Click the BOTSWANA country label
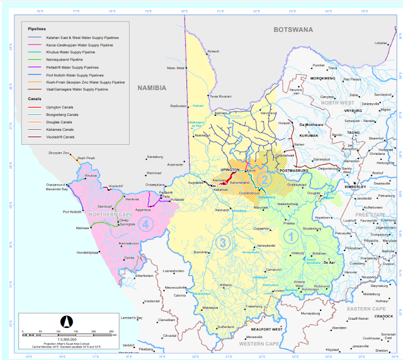pyautogui.click(x=293, y=30)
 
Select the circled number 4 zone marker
pyautogui.click(x=147, y=223)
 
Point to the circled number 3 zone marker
pyautogui.click(x=222, y=242)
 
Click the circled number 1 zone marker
pyautogui.click(x=290, y=237)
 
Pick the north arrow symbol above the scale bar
pyautogui.click(x=64, y=322)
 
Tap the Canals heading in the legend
pyautogui.click(x=35, y=99)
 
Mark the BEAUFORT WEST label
pyautogui.click(x=263, y=330)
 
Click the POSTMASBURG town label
pyautogui.click(x=295, y=170)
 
